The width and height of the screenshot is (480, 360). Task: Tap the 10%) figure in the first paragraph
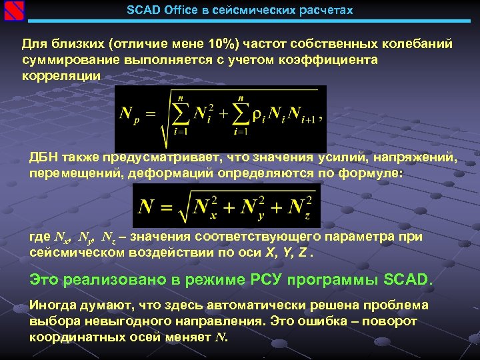point(221,44)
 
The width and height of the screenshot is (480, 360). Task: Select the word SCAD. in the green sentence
point(408,278)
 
